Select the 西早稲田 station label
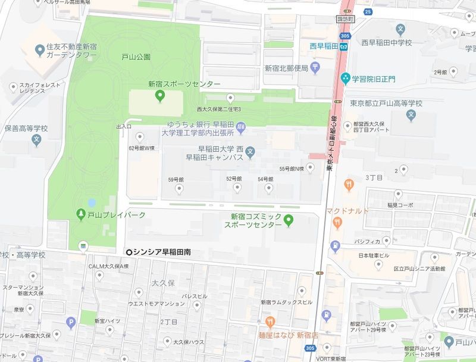pos(324,46)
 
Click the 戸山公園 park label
pos(136,57)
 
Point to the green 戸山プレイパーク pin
pos(80,214)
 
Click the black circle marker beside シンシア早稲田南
pos(129,252)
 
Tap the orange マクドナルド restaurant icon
pos(337,223)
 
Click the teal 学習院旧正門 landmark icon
pos(345,78)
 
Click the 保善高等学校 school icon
pos(37,141)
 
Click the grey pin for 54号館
pos(268,190)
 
